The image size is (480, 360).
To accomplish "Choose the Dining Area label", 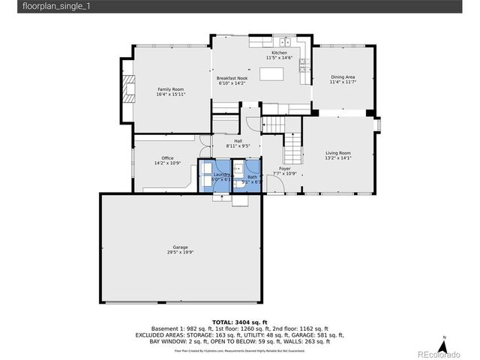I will (343, 77).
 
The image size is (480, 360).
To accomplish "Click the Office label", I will (167, 158).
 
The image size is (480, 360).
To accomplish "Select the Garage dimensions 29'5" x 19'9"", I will (180, 253).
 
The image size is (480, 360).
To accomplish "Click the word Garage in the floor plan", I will (180, 247).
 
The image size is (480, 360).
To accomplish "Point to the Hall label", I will (238, 141).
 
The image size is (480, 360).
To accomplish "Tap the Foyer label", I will (285, 169).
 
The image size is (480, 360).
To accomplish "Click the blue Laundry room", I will (214, 177).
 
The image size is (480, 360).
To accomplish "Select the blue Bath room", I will (247, 177).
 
